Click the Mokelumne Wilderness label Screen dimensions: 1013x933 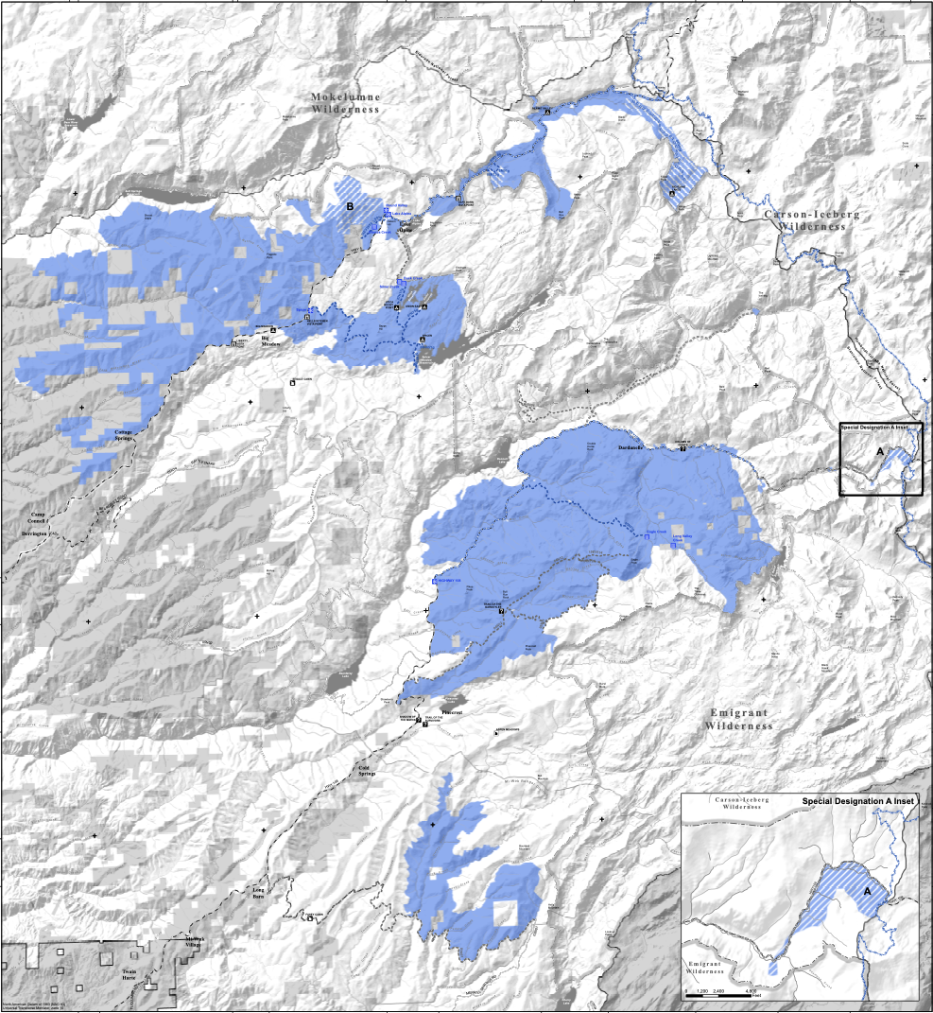pos(345,103)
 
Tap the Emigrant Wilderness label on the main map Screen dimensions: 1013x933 pos(738,719)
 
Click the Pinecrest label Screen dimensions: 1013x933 pos(452,710)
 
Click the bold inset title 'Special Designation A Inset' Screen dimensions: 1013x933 pos(859,801)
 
